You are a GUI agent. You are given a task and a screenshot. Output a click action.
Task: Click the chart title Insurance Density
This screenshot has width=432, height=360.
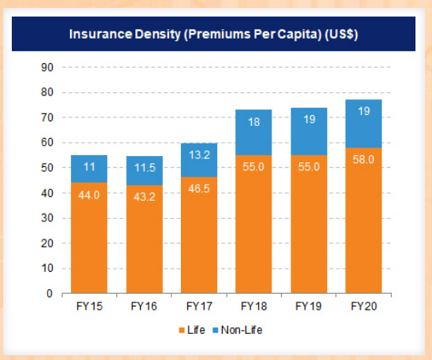coord(215,35)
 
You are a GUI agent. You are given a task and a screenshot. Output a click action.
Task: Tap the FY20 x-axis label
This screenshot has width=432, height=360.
coord(363,306)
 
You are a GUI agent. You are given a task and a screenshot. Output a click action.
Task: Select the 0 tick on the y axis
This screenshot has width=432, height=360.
coord(49,294)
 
